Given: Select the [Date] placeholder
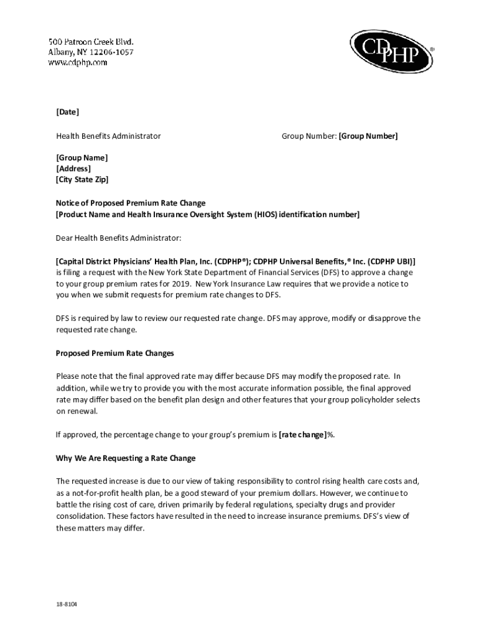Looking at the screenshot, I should pos(68,112).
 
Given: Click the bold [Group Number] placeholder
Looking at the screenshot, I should pos(368,136).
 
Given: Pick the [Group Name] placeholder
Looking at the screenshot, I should pos(82,158).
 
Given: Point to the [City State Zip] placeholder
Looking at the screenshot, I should pos(82,180).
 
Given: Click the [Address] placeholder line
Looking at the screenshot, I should pos(73,169).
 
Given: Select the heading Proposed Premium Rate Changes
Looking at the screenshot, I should pos(115,353).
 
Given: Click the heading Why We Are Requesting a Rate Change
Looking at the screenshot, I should pos(126,458).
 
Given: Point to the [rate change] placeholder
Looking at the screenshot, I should pos(303,435).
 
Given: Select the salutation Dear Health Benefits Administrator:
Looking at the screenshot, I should pos(118,238).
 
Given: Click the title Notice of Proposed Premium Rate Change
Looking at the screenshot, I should pos(131,203).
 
